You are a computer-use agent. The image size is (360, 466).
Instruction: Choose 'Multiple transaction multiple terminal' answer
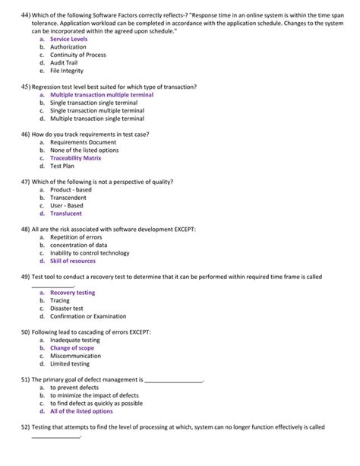point(102,95)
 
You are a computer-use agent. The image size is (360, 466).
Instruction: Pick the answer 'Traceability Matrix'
point(75,158)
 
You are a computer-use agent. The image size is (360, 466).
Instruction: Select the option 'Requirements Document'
point(83,142)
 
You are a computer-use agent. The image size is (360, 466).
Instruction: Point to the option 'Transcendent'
point(68,198)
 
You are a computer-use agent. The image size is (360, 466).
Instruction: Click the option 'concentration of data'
point(78,245)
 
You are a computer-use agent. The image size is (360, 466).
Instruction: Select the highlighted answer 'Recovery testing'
point(73,293)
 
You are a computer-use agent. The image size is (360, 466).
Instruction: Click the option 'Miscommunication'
point(75,356)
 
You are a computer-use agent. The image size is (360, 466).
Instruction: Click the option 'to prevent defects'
point(74,388)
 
